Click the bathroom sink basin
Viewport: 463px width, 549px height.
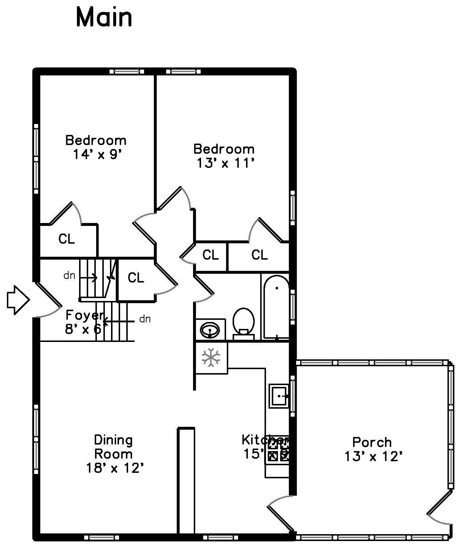210,330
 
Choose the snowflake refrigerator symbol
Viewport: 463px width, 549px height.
211,357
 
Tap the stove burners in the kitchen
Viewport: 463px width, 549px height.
278,449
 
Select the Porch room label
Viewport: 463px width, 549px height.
372,442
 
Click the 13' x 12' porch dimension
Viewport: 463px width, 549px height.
373,456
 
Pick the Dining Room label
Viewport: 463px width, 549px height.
113,447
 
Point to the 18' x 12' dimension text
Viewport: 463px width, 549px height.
115,468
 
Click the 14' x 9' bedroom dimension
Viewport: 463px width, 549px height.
97,154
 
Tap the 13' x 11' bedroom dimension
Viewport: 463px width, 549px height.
224,163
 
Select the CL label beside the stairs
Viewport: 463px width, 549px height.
136,278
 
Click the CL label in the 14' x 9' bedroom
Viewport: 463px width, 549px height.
67,239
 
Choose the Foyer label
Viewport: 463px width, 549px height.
84,315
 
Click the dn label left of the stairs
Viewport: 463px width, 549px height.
69,276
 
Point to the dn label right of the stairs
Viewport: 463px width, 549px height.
145,319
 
